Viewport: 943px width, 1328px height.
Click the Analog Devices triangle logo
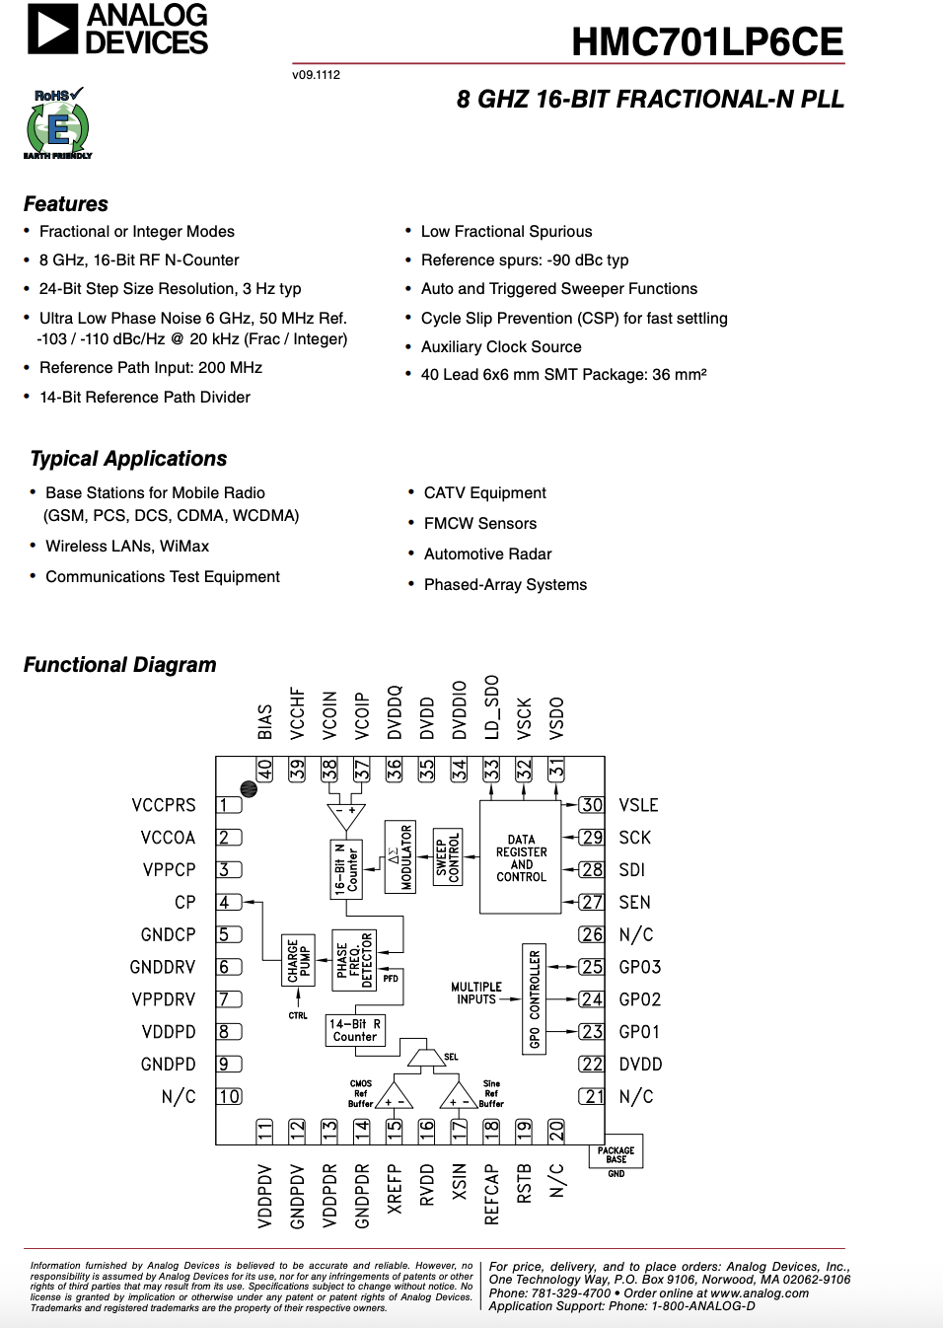pos(52,29)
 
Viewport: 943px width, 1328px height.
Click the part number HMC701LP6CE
pos(706,41)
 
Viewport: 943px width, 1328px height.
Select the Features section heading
pos(66,204)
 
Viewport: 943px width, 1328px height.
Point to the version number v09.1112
pos(316,75)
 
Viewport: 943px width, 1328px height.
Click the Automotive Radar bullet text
pos(487,554)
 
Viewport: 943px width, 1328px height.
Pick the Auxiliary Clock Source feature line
pos(501,347)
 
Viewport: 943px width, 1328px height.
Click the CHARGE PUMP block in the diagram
pos(298,960)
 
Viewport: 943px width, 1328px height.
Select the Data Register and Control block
pos(521,857)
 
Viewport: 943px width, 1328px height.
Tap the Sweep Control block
pos(448,856)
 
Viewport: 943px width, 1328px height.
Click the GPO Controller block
pos(535,998)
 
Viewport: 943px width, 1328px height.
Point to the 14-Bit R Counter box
pos(355,1031)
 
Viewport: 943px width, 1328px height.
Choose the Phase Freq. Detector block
pos(355,960)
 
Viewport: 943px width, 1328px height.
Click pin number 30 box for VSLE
pos(591,805)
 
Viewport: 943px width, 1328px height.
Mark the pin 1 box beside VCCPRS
pos(228,805)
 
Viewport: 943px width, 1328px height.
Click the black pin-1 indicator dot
pos(249,789)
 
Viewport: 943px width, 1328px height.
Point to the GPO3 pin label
pos(639,967)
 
